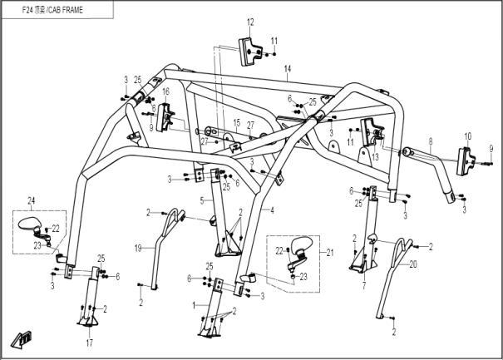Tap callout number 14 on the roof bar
tap(288, 68)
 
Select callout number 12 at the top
tap(250, 22)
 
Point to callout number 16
tap(165, 91)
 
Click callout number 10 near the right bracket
tap(468, 135)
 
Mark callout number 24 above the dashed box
tap(32, 201)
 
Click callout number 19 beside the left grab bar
tap(139, 248)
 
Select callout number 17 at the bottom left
tap(88, 342)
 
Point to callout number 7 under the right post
tap(363, 284)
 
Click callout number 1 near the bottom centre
tap(195, 305)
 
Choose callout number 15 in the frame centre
tap(236, 123)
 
